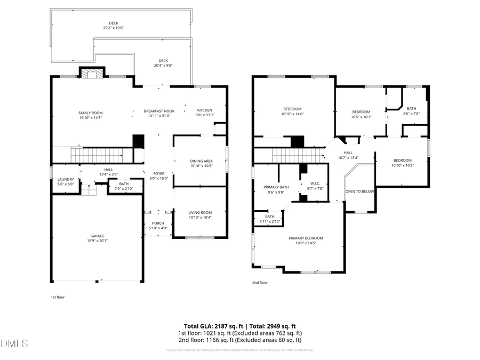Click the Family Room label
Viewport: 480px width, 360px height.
[90, 113]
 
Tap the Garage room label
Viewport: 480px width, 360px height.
[97, 236]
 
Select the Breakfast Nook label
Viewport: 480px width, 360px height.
[159, 110]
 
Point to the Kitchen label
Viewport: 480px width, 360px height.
[205, 110]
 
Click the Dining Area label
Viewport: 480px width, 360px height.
[201, 161]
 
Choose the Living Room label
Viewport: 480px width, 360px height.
[200, 213]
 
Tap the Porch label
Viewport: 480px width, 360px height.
[158, 223]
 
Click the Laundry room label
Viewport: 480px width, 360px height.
[65, 179]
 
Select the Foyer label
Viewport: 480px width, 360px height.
[159, 173]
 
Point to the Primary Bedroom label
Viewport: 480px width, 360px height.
[306, 238]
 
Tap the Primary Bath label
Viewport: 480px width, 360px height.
[276, 187]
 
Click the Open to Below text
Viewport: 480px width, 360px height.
[360, 191]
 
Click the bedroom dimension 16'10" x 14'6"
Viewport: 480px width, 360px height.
[292, 114]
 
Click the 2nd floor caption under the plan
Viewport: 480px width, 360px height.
[260, 283]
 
